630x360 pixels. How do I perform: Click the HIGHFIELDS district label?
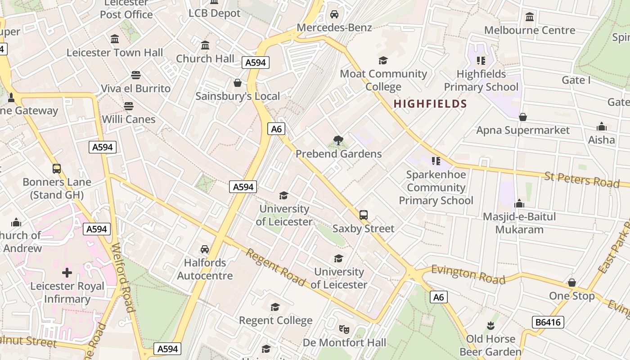[430, 104]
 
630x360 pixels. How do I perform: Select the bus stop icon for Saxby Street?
[364, 215]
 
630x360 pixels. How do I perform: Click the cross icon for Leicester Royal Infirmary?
[67, 273]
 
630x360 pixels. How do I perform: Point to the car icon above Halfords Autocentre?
[205, 249]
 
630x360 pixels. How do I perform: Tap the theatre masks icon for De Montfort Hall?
[344, 329]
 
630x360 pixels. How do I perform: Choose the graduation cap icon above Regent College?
[275, 307]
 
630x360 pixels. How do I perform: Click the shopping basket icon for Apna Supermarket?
[523, 117]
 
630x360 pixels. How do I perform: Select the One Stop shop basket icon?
[572, 283]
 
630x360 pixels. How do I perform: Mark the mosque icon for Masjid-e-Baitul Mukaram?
[519, 203]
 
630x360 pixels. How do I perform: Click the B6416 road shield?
[548, 322]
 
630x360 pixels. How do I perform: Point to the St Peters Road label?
[582, 179]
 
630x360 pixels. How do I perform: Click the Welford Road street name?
[122, 278]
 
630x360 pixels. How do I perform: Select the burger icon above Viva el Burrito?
[136, 75]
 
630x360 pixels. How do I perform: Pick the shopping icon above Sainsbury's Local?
[238, 83]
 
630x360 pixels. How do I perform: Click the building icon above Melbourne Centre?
[530, 17]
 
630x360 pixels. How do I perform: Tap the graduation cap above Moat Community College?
[383, 60]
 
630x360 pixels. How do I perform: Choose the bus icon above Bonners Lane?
[57, 169]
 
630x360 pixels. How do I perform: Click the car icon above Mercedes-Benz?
[334, 14]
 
